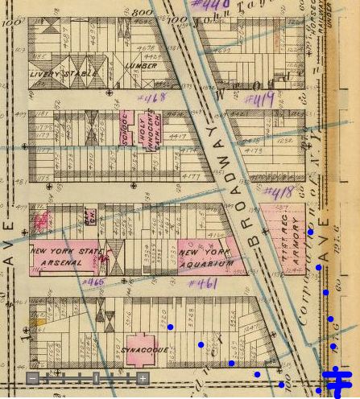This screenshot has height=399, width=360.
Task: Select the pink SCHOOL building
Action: click(x=126, y=130)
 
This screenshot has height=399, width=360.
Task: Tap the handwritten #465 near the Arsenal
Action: click(x=91, y=282)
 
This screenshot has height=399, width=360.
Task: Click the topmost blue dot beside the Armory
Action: click(x=311, y=232)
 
